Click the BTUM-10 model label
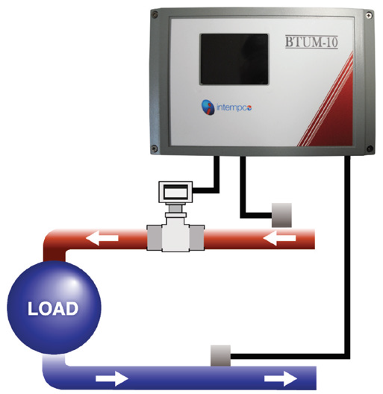[311, 42]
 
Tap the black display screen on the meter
[234, 59]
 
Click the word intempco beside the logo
[234, 107]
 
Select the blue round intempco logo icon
[208, 107]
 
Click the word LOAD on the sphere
[53, 308]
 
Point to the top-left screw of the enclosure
[155, 15]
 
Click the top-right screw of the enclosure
[369, 15]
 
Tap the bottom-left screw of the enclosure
[155, 148]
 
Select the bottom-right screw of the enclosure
[370, 148]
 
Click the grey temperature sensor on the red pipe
[281, 216]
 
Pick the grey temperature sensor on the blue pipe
[220, 355]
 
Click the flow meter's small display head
[175, 193]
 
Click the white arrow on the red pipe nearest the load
[102, 238]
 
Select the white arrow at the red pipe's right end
[279, 238]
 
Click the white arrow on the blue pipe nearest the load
[112, 378]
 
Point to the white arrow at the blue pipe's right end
[281, 378]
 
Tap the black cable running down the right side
[347, 256]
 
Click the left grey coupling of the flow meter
[154, 238]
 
